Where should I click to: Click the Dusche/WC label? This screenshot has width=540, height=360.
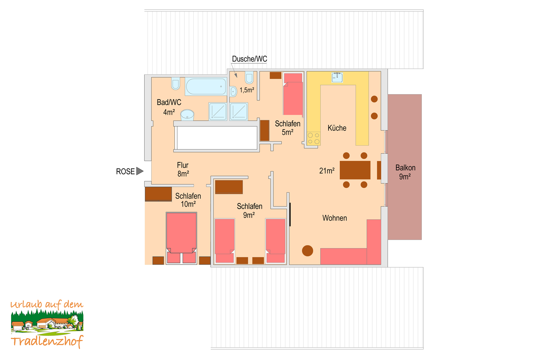(249, 59)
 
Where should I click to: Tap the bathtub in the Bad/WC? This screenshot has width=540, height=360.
(206, 86)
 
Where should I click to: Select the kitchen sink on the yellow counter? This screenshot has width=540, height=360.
(337, 77)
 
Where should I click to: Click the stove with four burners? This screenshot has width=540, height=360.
(313, 138)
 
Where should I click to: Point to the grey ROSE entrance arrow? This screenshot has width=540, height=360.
(140, 171)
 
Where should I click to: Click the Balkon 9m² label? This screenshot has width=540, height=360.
(405, 172)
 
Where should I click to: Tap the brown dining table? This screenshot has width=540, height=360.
(355, 170)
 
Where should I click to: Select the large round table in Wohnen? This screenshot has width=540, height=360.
(307, 251)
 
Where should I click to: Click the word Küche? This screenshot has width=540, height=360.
(337, 128)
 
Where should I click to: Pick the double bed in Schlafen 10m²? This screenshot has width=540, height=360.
(181, 238)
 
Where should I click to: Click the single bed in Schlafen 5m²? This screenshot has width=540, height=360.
(293, 94)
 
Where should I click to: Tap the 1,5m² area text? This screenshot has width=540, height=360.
(247, 90)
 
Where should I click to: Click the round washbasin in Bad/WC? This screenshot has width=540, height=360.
(187, 115)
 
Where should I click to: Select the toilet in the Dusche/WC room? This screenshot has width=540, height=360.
(249, 78)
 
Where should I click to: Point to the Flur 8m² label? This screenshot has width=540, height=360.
(183, 169)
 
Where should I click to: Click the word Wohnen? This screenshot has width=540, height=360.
(334, 218)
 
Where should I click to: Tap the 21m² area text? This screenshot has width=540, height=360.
(327, 171)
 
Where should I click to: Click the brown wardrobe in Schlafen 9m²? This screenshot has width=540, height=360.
(229, 187)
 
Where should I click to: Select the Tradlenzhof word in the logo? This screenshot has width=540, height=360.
(47, 341)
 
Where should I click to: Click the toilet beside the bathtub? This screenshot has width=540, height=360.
(176, 84)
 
